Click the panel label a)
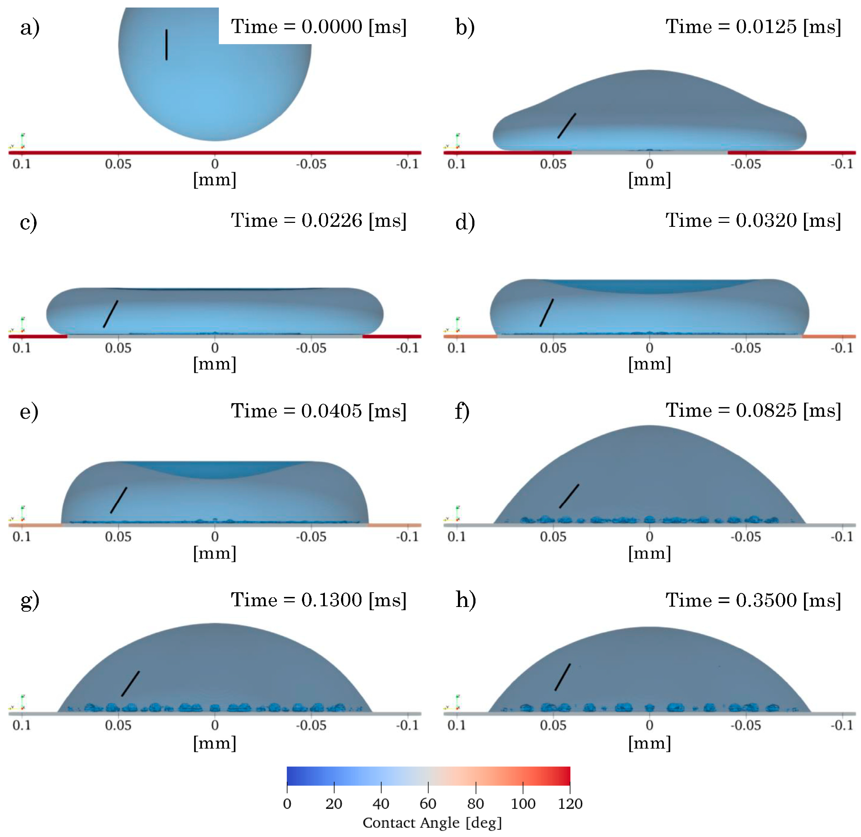click(29, 28)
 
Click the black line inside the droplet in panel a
click(166, 45)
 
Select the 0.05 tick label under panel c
click(118, 348)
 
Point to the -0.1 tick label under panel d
click(841, 348)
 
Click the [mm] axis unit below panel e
click(215, 553)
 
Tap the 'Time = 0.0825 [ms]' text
click(753, 411)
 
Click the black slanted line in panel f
click(569, 496)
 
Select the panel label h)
click(465, 601)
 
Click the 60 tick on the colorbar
click(428, 804)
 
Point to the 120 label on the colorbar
click(570, 804)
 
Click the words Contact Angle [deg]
click(432, 823)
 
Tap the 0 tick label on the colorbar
click(287, 804)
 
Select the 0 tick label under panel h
click(649, 725)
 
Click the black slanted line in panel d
click(547, 312)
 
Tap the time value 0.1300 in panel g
click(331, 601)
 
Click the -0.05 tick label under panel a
click(311, 164)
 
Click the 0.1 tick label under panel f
click(456, 537)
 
